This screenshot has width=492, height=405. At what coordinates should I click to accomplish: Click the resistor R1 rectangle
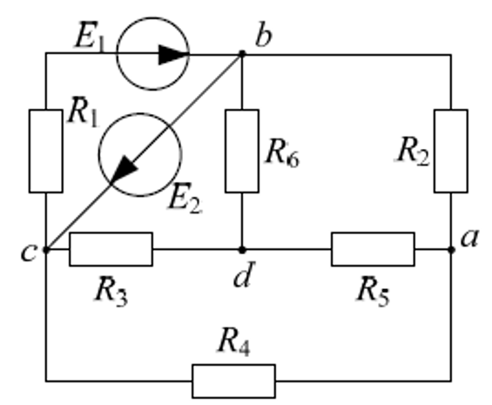(x=46, y=151)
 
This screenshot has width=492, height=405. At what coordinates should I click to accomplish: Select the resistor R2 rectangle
(x=451, y=151)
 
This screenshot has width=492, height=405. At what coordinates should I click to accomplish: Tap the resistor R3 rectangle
(x=111, y=249)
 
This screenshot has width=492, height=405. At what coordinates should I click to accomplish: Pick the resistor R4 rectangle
(x=233, y=381)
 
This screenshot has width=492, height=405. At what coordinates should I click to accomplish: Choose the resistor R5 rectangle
(x=373, y=249)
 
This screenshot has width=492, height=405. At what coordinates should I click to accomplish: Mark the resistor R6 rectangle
(x=242, y=151)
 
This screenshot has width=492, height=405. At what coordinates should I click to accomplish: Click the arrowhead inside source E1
(x=173, y=55)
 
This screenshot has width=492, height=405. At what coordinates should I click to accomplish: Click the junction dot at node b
(x=242, y=54)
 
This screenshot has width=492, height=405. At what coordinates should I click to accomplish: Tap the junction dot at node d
(x=242, y=250)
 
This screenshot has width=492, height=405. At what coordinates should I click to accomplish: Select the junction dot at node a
(x=451, y=250)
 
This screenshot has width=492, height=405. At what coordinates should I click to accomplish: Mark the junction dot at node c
(x=46, y=250)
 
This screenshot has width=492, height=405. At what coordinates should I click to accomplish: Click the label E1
(x=90, y=37)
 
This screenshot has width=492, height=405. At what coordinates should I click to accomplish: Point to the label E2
(x=185, y=199)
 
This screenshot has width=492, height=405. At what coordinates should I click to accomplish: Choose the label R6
(x=282, y=153)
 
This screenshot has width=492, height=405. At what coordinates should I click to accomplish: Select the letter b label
(x=263, y=36)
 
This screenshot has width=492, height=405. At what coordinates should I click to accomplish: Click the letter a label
(x=469, y=239)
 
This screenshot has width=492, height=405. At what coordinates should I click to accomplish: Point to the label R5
(x=374, y=291)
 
